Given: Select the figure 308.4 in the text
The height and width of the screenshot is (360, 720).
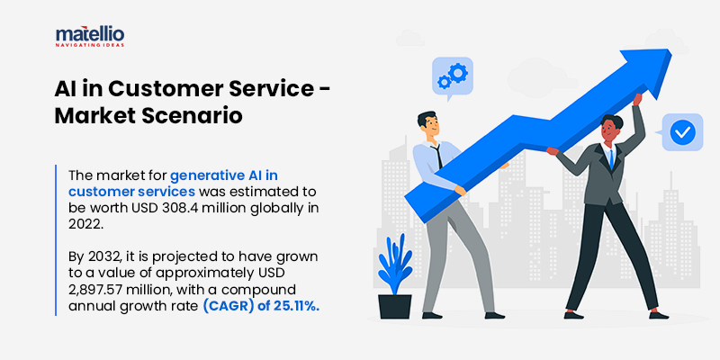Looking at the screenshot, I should click(180, 210).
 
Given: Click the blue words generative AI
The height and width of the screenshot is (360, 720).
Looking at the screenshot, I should click(223, 176).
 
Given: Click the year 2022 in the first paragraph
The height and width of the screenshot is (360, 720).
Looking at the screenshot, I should click(81, 226).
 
